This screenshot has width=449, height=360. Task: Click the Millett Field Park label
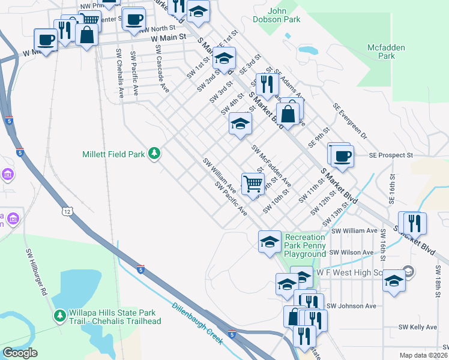[x=113, y=154]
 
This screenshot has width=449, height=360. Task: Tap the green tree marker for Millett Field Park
[x=155, y=154]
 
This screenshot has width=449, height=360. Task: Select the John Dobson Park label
[x=284, y=15]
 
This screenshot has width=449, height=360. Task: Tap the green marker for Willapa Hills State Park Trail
[x=60, y=315]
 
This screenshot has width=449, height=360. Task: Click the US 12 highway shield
[x=66, y=211]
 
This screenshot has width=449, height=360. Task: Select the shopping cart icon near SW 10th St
[x=253, y=182]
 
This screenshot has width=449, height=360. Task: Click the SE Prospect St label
[x=391, y=155]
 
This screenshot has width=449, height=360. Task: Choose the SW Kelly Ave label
[x=418, y=327]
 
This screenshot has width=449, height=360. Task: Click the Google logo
[x=20, y=353]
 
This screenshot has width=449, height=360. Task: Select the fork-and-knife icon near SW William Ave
[x=415, y=223]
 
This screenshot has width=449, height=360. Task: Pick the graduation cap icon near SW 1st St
[x=224, y=58]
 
